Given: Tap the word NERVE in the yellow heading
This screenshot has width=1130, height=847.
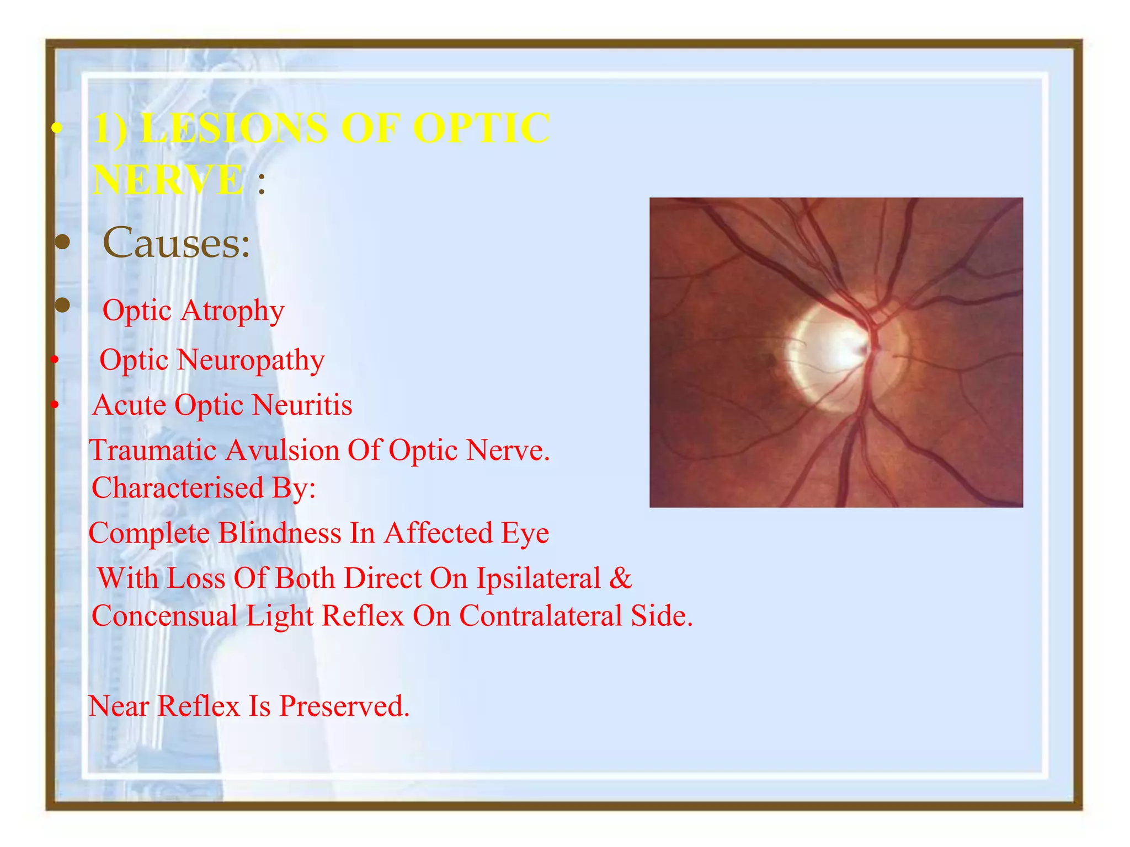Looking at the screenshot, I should tap(168, 180).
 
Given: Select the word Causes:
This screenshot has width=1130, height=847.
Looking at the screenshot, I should tap(177, 243).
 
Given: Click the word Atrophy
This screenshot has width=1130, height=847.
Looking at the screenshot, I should tap(232, 311).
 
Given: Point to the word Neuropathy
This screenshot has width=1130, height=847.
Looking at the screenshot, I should tap(251, 361).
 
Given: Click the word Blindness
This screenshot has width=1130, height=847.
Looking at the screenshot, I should tap(280, 533).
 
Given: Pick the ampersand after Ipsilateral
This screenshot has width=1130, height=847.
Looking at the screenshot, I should tap(621, 578).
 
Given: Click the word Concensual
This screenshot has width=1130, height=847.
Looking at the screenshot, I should tap(164, 616).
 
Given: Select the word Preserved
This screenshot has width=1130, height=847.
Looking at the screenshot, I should tap(344, 706).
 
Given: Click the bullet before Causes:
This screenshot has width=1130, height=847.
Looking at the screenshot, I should tap(63, 242).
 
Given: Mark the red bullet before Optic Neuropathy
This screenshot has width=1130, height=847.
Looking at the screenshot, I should tap(54, 361).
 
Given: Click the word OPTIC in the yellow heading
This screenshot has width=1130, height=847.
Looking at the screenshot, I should tap(481, 128).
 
